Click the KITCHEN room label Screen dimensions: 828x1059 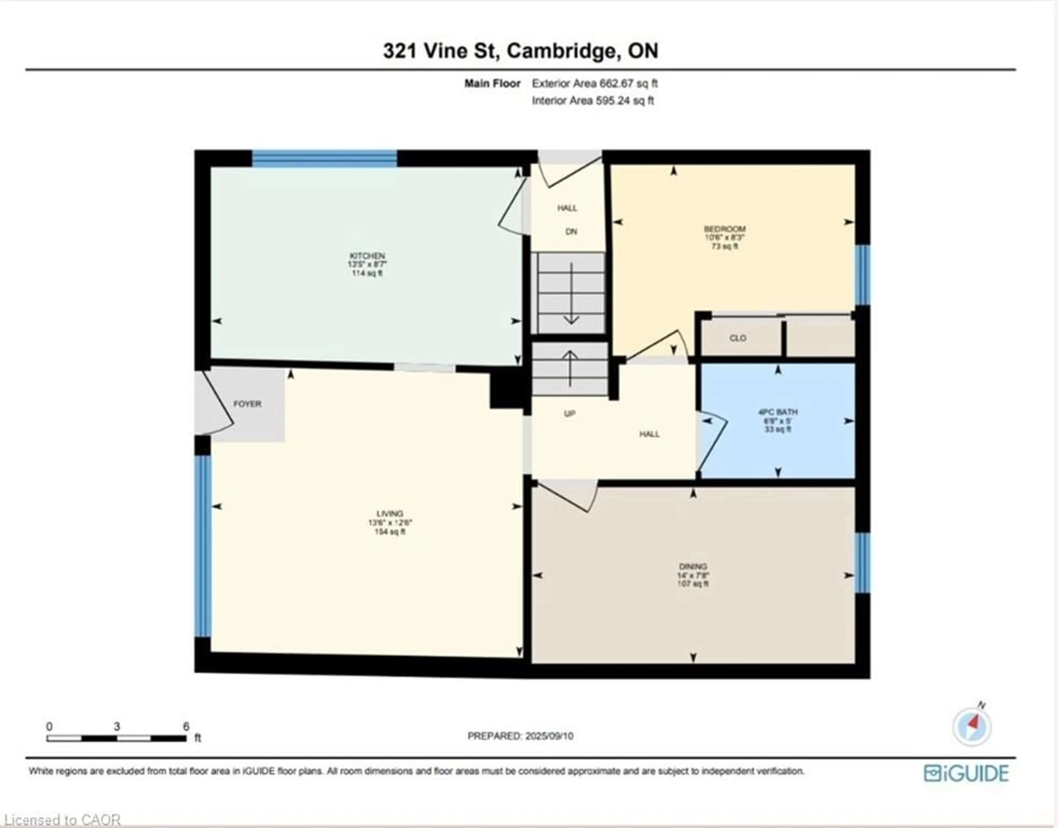367,256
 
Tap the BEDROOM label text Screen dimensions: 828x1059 724,229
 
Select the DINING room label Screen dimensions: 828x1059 693,566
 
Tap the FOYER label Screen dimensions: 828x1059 247,404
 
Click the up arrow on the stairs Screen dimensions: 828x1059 570,368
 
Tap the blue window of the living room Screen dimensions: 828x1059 203,546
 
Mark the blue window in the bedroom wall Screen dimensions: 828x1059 862,275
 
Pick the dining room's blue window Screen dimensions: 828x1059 862,563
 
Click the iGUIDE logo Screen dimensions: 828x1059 966,773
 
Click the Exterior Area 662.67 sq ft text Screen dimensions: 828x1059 595,83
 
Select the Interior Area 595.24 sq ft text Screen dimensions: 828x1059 593,101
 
